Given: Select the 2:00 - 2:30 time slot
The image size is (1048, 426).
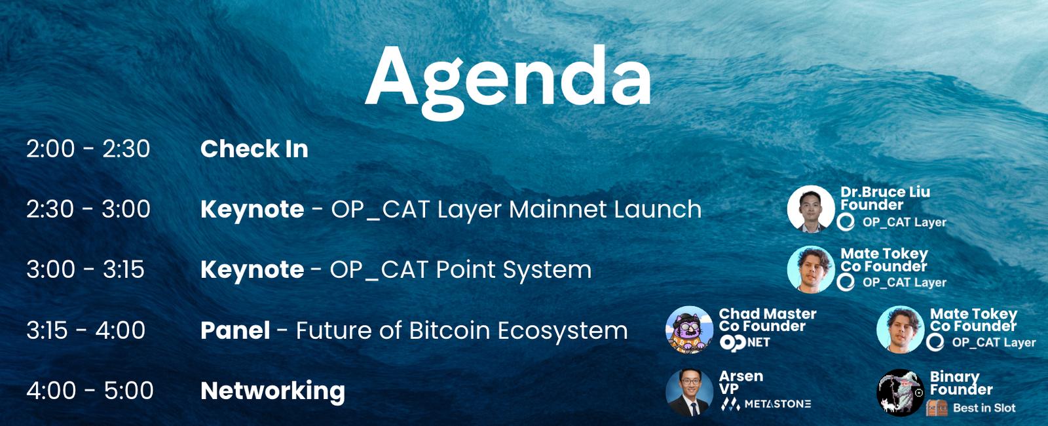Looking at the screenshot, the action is click(x=88, y=149).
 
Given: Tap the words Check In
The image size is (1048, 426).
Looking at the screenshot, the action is click(x=254, y=149).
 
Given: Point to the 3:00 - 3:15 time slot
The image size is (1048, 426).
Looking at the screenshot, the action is click(x=85, y=269).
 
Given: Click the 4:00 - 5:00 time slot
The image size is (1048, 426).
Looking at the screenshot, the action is click(x=90, y=390).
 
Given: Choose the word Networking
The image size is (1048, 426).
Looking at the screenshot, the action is click(x=272, y=391).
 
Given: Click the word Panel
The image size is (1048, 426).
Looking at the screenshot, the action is click(x=235, y=330).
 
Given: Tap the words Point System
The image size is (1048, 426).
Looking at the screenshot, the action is click(x=514, y=270).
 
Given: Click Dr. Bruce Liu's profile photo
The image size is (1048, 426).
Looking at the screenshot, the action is click(x=811, y=209).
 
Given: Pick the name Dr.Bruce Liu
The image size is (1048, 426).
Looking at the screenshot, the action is click(x=885, y=192).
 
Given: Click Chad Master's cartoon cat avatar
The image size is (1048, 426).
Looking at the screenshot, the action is click(x=689, y=330).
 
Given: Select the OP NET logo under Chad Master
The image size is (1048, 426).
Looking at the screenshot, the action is click(x=745, y=342).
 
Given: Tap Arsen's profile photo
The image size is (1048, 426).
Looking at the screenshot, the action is click(x=689, y=393).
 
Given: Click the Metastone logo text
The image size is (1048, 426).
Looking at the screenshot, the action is click(x=766, y=404).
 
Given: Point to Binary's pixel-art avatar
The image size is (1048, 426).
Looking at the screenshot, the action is click(x=900, y=393).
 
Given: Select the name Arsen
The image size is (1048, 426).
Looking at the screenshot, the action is click(x=741, y=376).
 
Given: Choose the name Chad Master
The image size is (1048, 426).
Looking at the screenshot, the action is click(x=768, y=314).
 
